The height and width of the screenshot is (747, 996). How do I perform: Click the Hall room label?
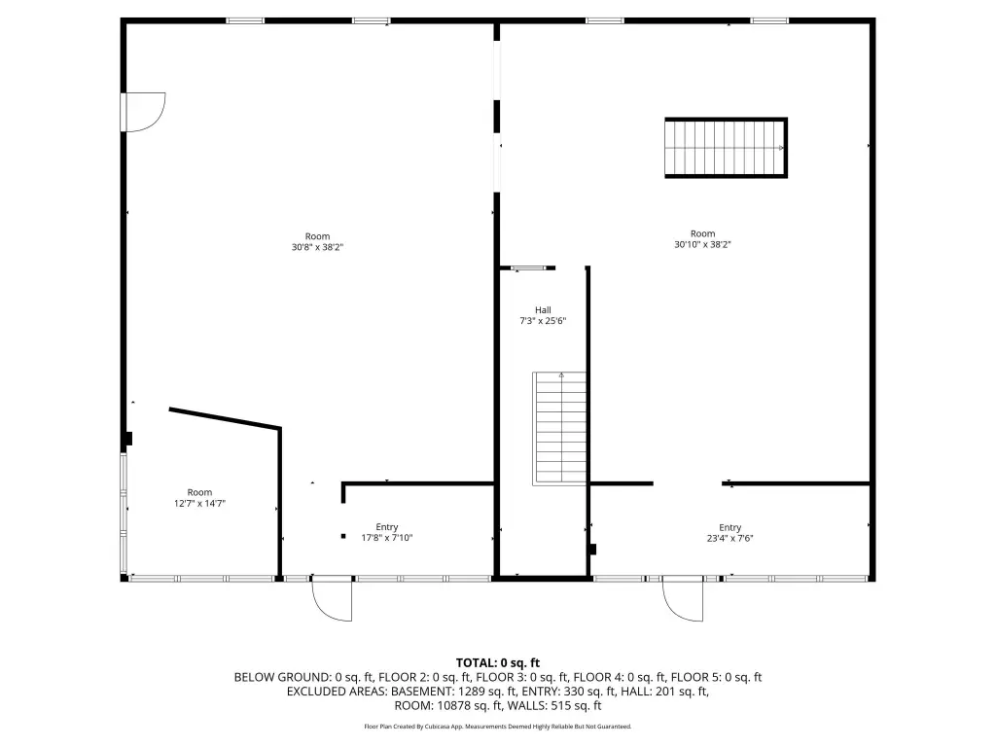543,310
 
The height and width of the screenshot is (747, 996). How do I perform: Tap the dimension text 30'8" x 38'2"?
318,247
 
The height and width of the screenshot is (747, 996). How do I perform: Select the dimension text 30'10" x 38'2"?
702,244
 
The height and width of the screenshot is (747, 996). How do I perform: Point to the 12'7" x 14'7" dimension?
199,503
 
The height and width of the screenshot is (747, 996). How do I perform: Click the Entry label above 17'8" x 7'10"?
387,527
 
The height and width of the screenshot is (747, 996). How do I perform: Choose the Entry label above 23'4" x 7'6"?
729,528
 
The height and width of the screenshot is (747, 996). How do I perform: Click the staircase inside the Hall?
559,429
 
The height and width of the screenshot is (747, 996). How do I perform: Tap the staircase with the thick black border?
726,148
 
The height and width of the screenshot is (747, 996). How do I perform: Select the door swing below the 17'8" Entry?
332,601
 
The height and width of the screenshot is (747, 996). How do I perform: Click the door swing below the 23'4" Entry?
683,601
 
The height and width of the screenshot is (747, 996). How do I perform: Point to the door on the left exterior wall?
144,113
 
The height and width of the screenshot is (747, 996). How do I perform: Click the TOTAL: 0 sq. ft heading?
498,663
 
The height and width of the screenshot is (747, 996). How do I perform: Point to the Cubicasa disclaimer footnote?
498,726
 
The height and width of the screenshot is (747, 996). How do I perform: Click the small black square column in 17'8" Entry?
343,536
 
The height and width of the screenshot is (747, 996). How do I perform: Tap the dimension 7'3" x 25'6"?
543,321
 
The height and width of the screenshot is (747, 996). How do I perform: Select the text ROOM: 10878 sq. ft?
447,705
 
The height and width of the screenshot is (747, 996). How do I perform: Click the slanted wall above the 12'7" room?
225,418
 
